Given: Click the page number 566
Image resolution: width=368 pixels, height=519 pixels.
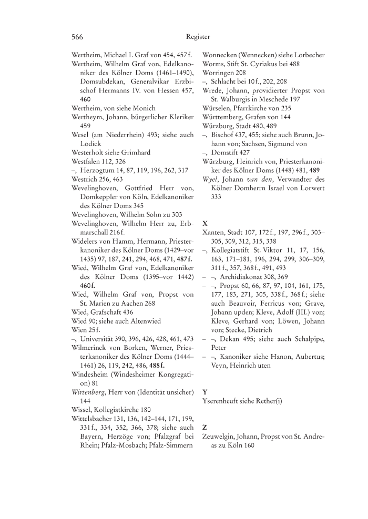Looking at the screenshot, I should [x=78, y=37].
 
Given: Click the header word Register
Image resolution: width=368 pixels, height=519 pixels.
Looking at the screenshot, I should [x=198, y=37].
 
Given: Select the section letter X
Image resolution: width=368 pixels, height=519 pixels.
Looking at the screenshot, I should [x=205, y=223].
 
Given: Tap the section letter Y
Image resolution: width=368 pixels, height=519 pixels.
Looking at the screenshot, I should [x=205, y=392].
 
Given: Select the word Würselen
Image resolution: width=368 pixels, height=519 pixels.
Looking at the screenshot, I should [x=217, y=108].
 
